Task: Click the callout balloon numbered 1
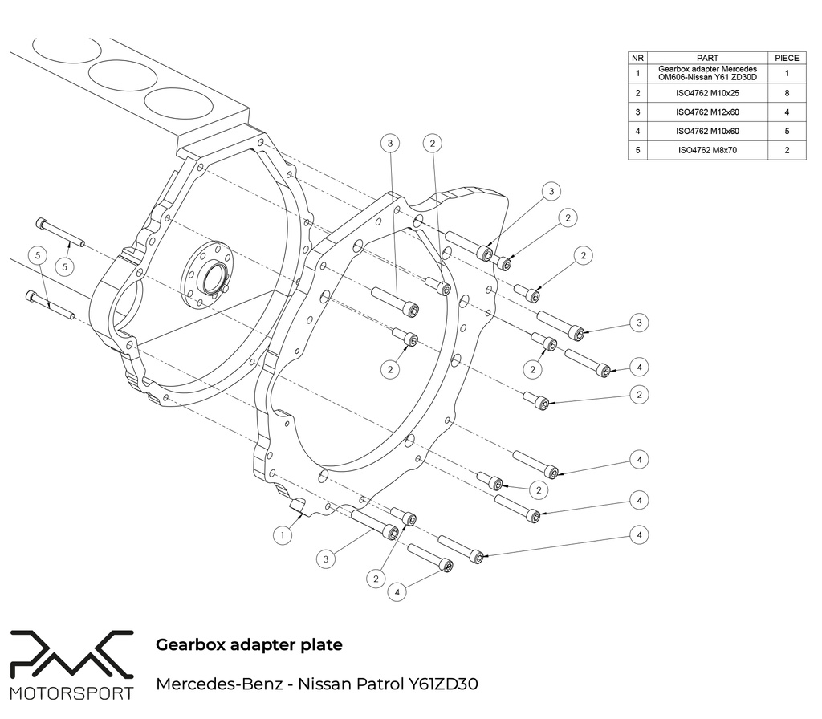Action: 282,534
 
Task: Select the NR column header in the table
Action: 637,58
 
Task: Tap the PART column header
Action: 707,58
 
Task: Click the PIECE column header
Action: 787,58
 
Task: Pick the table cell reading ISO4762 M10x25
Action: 707,92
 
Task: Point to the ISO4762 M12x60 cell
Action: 707,112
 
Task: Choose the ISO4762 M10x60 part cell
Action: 707,131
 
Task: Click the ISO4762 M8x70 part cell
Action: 707,150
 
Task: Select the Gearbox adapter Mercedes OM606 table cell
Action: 707,73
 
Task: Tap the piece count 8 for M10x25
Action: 787,92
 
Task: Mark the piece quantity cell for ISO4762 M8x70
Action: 787,150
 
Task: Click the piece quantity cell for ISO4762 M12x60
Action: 787,112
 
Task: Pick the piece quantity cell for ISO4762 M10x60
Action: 787,131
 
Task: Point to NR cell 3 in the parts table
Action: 637,112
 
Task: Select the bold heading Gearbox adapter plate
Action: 249,644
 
